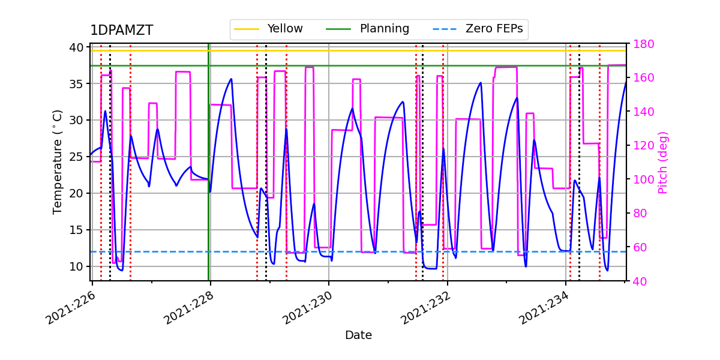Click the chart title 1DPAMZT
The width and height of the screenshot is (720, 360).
tap(121, 31)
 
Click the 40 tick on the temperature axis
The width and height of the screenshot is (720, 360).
tap(78, 47)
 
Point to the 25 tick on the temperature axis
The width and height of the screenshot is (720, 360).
tap(78, 157)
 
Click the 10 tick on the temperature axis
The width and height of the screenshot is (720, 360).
tap(78, 266)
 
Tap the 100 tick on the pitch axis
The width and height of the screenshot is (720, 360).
tap(644, 179)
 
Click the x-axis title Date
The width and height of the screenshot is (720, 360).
tap(358, 335)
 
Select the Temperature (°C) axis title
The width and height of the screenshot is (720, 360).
tap(58, 161)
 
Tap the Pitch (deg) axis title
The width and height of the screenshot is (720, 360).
tap(663, 162)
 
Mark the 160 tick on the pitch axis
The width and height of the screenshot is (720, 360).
tap(644, 78)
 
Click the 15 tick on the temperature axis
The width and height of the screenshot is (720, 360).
tap(78, 230)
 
